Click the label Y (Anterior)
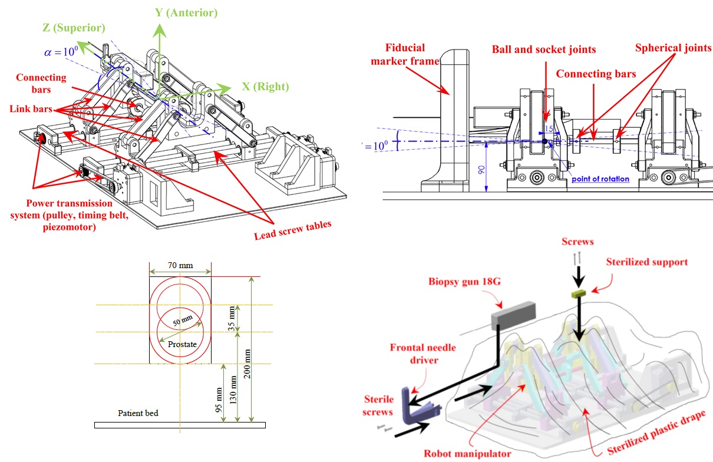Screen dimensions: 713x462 pos(186,13)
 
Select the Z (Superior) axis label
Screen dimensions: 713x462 pos(74,28)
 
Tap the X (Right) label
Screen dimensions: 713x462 pos(266,86)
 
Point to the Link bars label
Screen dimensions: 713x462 pos(31,109)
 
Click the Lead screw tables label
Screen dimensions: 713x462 pos(292,230)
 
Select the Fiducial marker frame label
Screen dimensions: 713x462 pos(405,54)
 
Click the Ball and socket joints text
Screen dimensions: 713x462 pos(544,49)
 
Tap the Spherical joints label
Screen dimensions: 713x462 pos(673,48)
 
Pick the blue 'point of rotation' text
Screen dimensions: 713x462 pos(600,179)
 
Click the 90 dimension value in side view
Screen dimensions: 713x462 pos(481,170)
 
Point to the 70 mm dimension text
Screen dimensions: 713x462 pos(180,265)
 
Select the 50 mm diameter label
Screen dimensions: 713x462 pos(183,321)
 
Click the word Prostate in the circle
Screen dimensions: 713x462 pos(182,344)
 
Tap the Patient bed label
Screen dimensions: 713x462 pos(138,413)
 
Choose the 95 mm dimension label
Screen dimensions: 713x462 pos(219,400)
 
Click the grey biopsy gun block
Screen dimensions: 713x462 pos(513,315)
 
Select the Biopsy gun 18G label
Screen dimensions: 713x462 pos(464,282)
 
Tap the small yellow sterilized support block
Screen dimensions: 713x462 pos(579,293)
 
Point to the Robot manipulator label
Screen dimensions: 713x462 pos(467,453)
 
